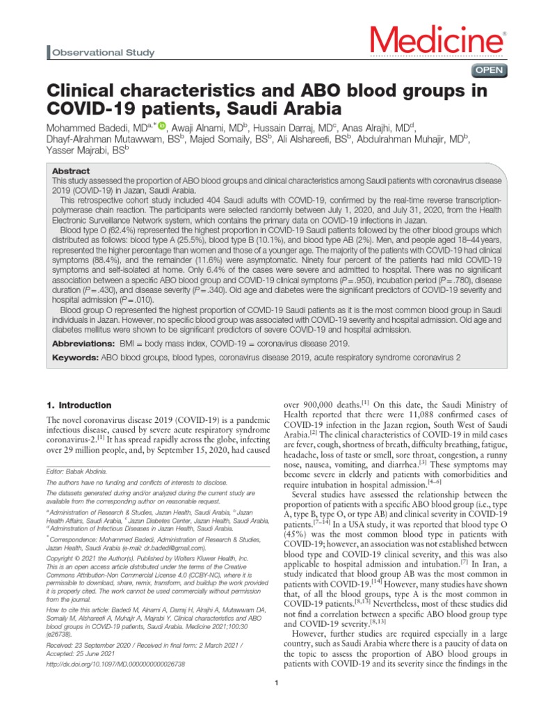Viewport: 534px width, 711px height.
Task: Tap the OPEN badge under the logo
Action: (x=489, y=70)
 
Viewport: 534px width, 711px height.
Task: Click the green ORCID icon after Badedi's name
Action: (x=163, y=126)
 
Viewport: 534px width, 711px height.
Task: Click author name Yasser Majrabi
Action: (x=83, y=149)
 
